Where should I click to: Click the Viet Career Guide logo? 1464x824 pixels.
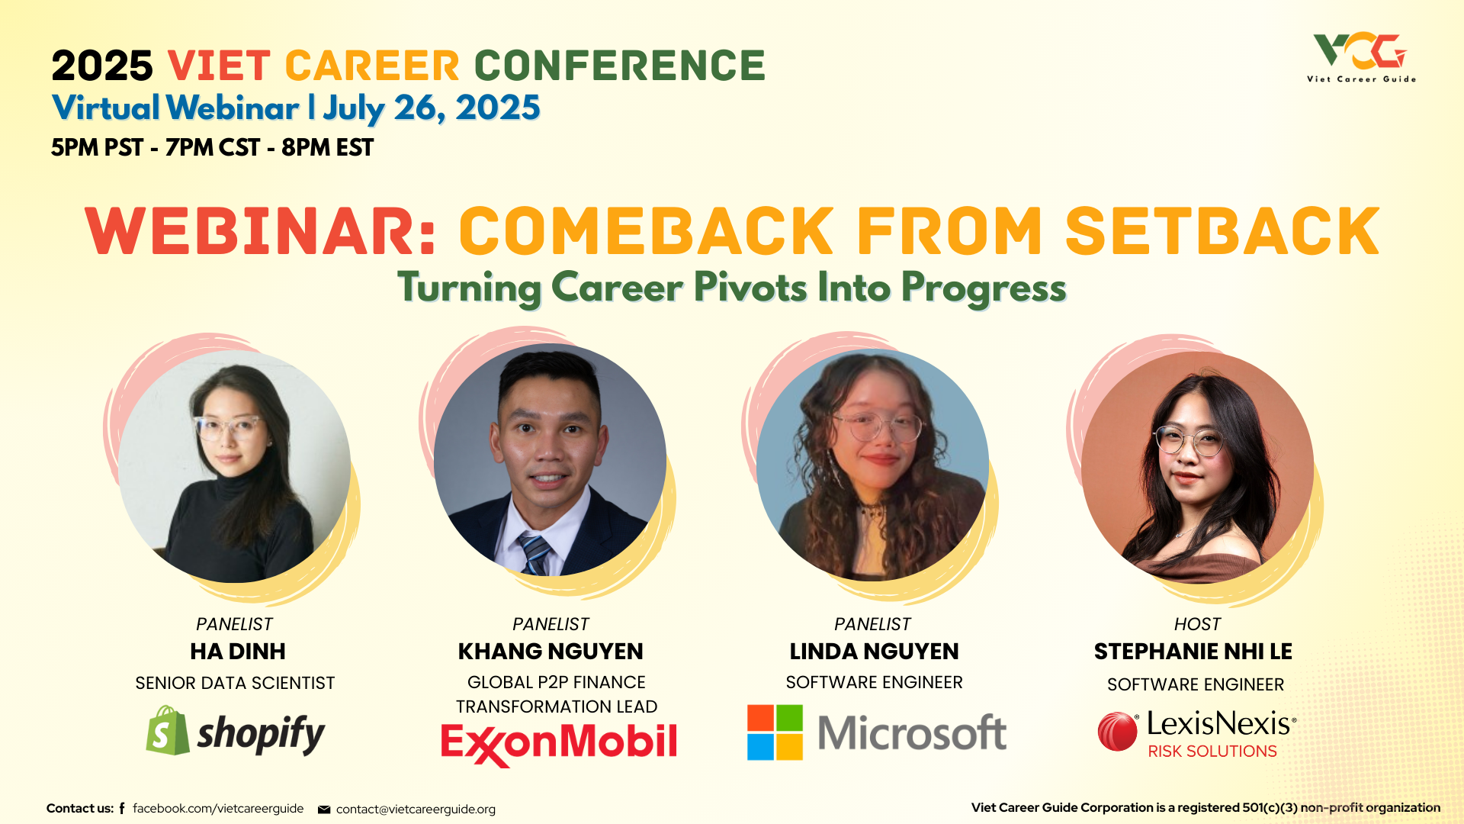[x=1361, y=57]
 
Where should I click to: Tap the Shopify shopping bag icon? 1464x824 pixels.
[x=168, y=730]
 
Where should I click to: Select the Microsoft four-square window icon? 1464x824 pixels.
[x=775, y=732]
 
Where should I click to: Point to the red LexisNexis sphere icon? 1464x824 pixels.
[x=1118, y=732]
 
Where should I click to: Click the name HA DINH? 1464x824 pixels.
[x=238, y=652]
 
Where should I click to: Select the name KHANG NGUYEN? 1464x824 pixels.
[x=551, y=652]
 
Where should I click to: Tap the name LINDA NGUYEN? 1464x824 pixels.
[x=874, y=652]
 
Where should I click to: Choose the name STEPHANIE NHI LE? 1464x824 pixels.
[x=1193, y=652]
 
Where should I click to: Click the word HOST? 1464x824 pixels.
[x=1197, y=624]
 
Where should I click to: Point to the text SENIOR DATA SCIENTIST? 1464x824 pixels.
[x=235, y=683]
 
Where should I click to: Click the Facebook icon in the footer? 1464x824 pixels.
[x=122, y=808]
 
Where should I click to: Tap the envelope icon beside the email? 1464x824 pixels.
[x=324, y=810]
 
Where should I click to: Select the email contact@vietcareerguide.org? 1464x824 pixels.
[x=416, y=809]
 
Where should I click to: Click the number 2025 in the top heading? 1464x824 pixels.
[x=102, y=66]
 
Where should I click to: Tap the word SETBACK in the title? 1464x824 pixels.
[x=1222, y=231]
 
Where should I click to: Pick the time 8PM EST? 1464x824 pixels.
[x=328, y=147]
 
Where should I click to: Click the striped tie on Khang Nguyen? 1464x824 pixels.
[x=535, y=554]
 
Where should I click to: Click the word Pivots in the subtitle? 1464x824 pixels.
[x=750, y=288]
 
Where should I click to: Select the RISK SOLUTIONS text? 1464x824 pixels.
[x=1212, y=752]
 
